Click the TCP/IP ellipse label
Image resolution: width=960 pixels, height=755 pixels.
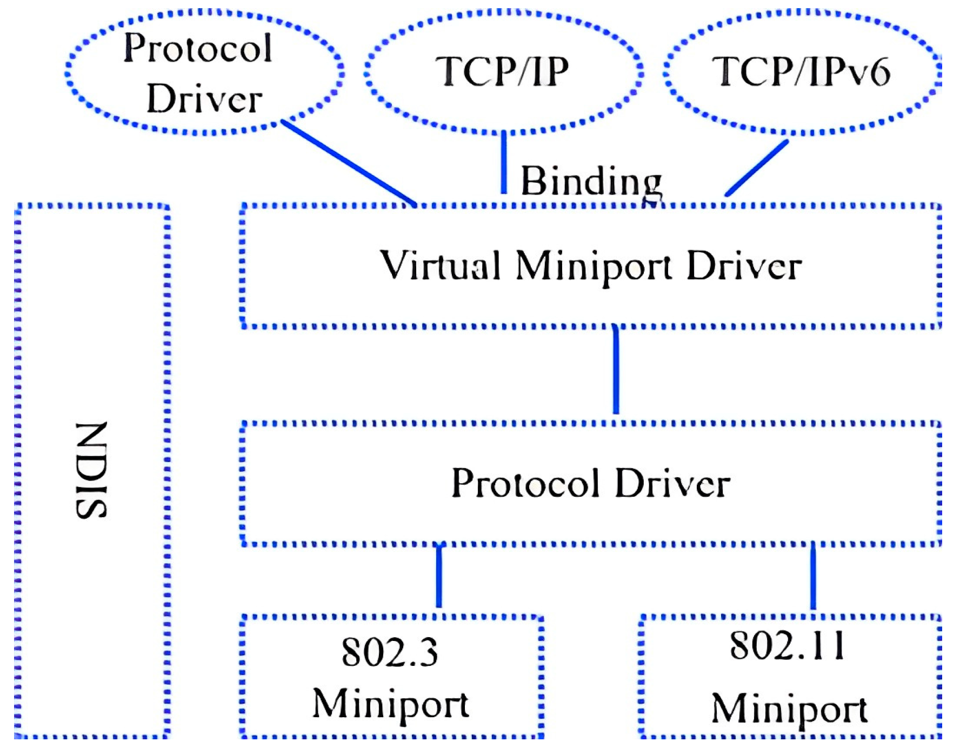pos(502,71)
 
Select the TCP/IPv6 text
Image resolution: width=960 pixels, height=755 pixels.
pos(801,71)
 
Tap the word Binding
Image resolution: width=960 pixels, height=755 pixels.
pos(591,181)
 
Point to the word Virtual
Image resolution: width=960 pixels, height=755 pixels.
pos(440,265)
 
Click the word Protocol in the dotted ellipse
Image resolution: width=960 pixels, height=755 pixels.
pos(198,48)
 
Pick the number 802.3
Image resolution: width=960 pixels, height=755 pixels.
pos(389,652)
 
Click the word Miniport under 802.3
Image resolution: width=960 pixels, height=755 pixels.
pos(390,704)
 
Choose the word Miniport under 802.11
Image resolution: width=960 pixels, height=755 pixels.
pos(789,709)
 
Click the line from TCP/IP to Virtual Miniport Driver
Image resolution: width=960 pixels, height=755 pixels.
pos(504,162)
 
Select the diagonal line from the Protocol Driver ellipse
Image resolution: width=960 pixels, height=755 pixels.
pos(349,163)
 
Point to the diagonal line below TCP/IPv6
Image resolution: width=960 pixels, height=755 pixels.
pos(757,168)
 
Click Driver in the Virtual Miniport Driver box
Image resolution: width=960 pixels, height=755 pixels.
pos(744,266)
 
